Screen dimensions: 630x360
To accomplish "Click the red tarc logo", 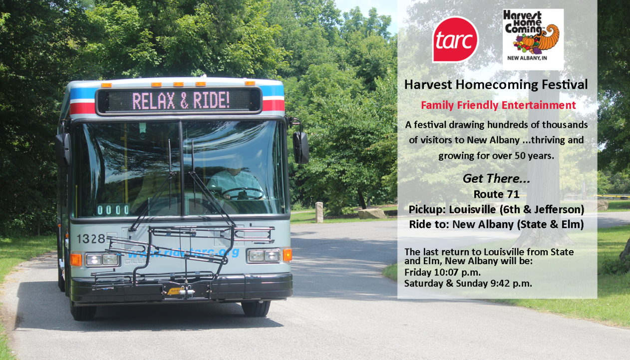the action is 455,39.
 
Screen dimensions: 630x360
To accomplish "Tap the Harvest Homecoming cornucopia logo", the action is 533,39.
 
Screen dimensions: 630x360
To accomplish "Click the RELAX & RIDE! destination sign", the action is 180,101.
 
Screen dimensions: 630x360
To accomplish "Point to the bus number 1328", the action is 91,239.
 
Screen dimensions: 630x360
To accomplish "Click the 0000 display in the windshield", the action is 113,210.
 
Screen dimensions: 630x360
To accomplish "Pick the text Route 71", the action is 496,194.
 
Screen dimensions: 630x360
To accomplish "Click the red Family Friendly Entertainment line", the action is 498,105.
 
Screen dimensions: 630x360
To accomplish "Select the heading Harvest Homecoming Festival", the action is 496,85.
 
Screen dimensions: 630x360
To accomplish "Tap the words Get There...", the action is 496,178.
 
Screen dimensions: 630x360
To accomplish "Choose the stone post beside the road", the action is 319,212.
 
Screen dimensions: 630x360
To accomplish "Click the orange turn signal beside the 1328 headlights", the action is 76,259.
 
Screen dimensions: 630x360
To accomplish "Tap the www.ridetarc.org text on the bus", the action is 183,253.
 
